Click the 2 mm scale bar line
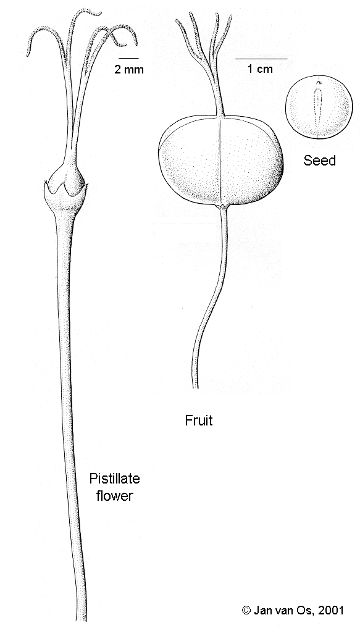[128, 59]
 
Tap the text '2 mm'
[129, 70]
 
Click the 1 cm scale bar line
[261, 59]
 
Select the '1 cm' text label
[260, 69]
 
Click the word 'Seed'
[319, 161]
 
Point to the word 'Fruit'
[199, 421]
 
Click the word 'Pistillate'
[114, 479]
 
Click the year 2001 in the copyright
[330, 610]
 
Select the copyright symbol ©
[246, 610]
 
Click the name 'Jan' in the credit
[261, 610]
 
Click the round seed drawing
[319, 107]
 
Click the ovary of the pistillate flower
[65, 176]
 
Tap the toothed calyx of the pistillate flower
[65, 195]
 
